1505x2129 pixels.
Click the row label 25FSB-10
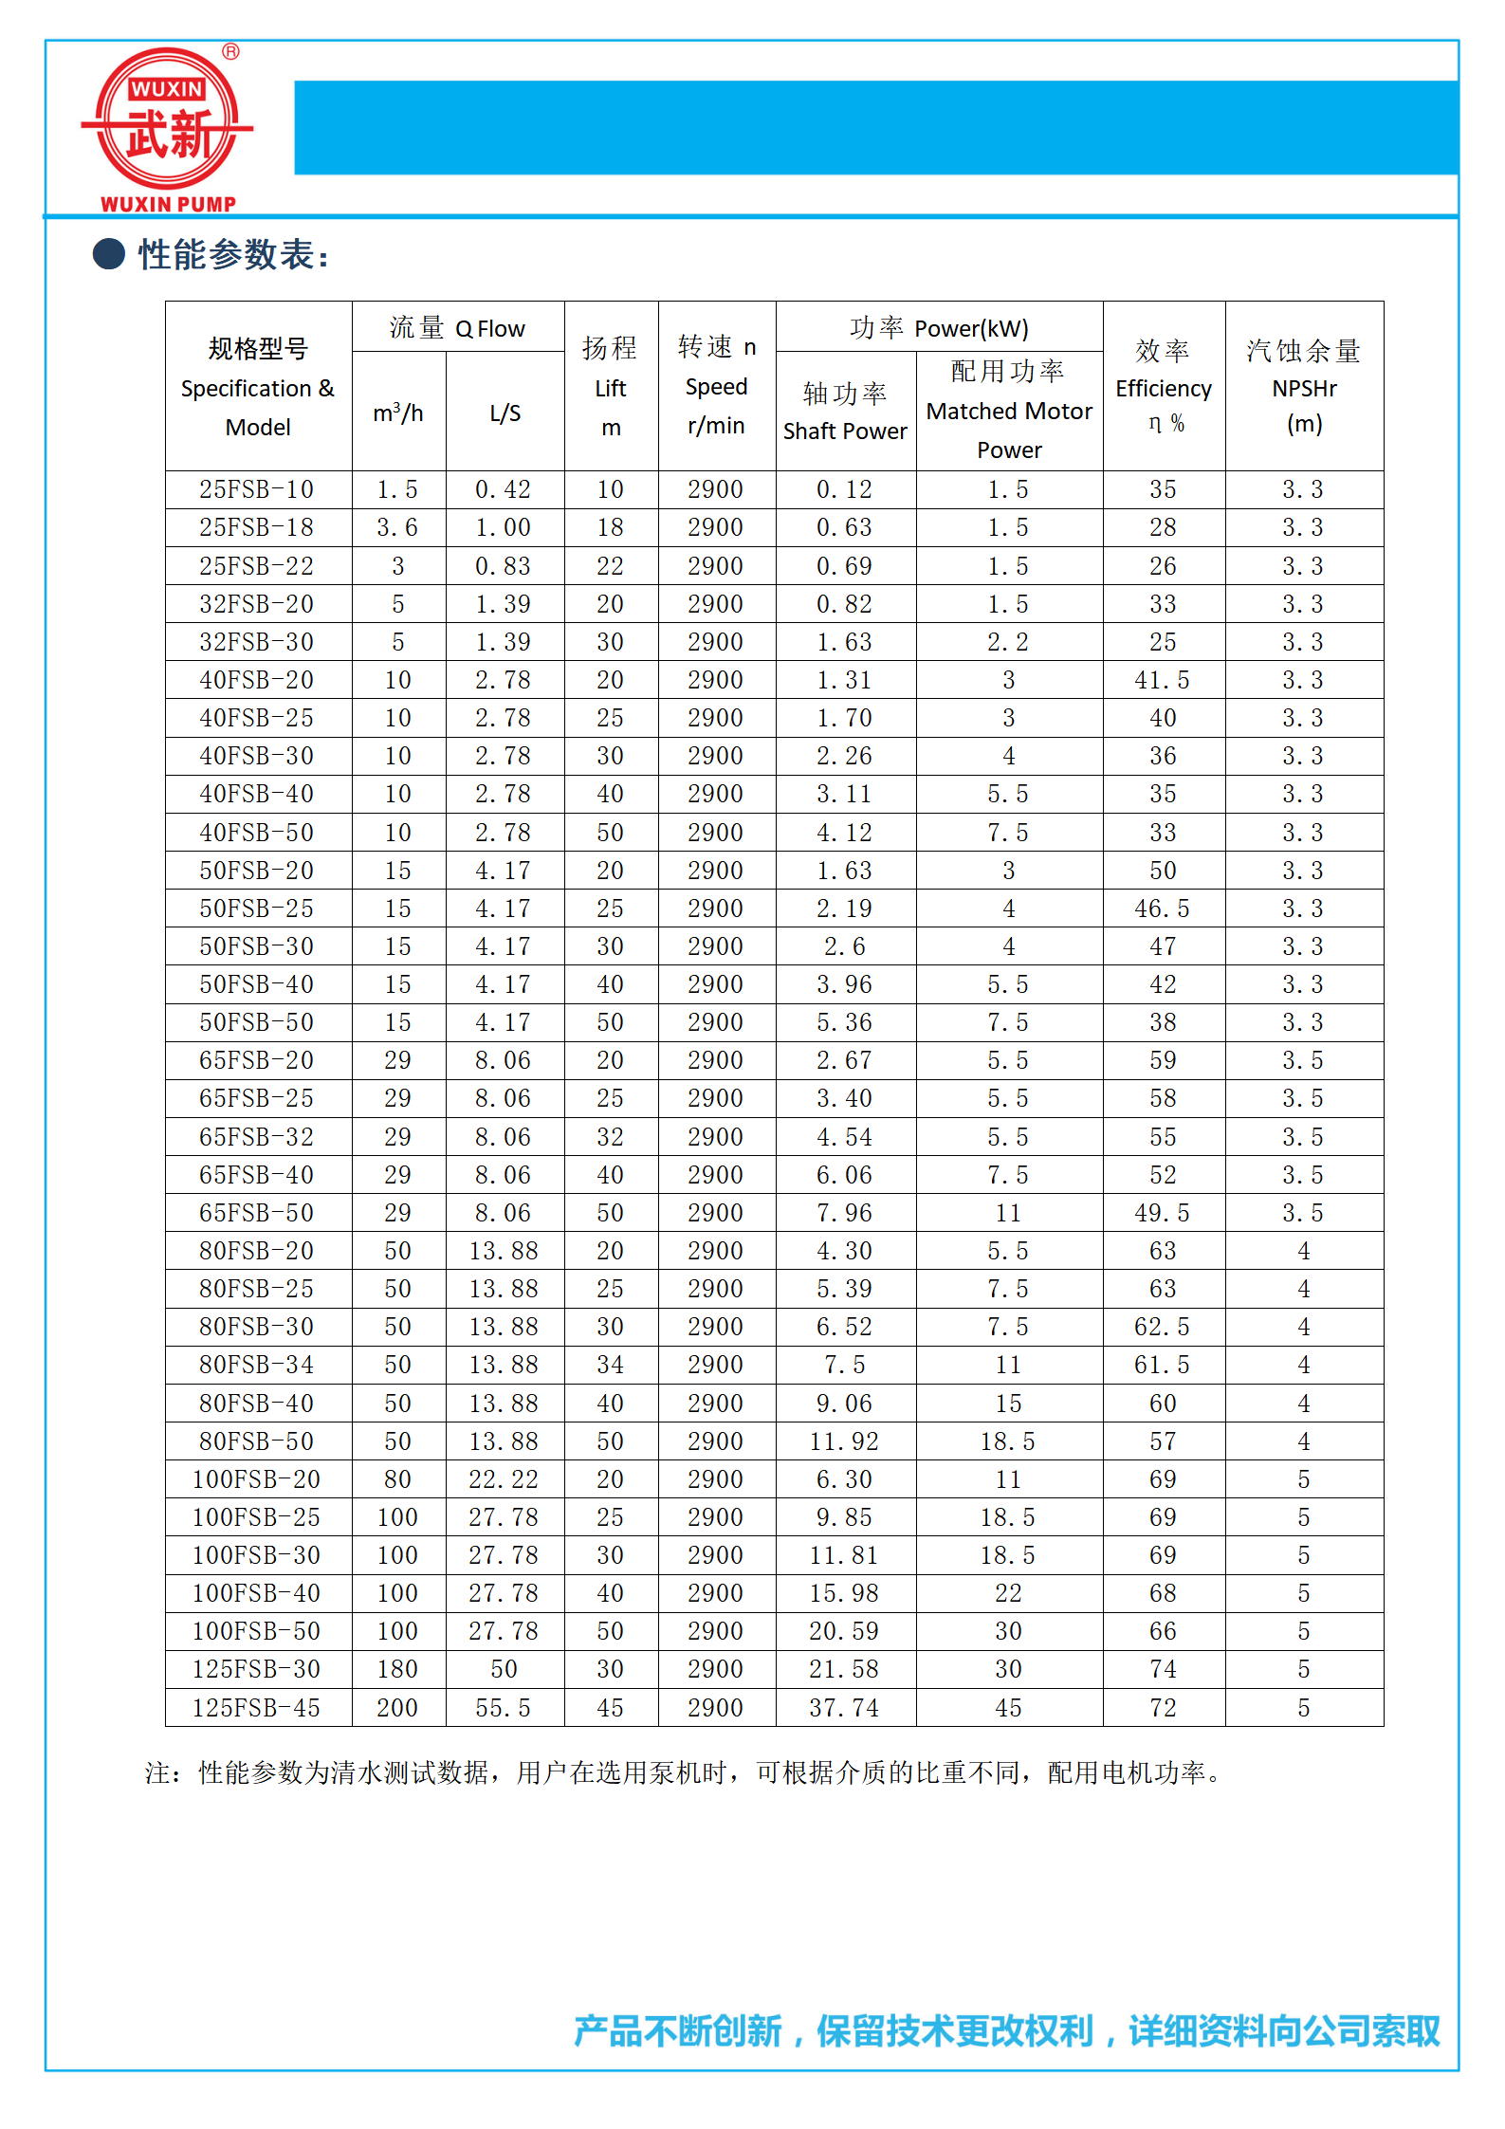(x=256, y=489)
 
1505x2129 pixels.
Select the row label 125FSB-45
(x=256, y=1708)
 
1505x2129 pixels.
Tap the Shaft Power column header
(x=845, y=412)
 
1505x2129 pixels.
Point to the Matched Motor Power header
(x=1009, y=411)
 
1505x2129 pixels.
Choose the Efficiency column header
(x=1163, y=387)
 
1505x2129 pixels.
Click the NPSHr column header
(x=1304, y=387)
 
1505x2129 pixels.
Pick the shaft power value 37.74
(x=844, y=1708)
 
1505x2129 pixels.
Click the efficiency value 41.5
(x=1162, y=680)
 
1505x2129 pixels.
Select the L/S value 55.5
(x=504, y=1708)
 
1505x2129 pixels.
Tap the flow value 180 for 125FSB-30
(x=397, y=1669)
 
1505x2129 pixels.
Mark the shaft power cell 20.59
(x=844, y=1631)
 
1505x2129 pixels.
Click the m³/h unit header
(x=398, y=413)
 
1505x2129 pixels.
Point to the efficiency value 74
(x=1163, y=1669)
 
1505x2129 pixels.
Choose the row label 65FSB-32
(x=256, y=1137)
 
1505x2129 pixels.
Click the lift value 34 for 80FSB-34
(x=610, y=1365)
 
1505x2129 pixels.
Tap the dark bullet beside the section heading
(x=109, y=254)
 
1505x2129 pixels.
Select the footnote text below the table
(x=683, y=1772)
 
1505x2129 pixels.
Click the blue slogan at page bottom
(x=1006, y=2030)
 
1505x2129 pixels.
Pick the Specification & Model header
(x=258, y=387)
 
